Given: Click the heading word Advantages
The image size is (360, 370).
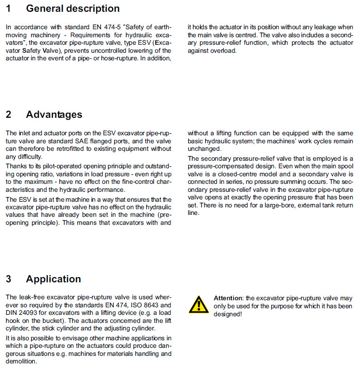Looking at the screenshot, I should point(54,115).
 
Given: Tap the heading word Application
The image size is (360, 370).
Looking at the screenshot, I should point(53,279).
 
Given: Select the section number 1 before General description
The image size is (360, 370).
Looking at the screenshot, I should point(8,8).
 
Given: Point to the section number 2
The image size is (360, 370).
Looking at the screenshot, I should point(8,115).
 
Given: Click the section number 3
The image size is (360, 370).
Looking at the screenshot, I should point(8,279).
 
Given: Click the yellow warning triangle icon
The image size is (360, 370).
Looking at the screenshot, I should point(199,304).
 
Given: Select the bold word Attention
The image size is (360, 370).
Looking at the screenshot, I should point(228,298).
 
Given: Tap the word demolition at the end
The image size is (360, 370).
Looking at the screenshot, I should point(21,362).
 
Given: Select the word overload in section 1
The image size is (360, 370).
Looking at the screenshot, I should point(222,50).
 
